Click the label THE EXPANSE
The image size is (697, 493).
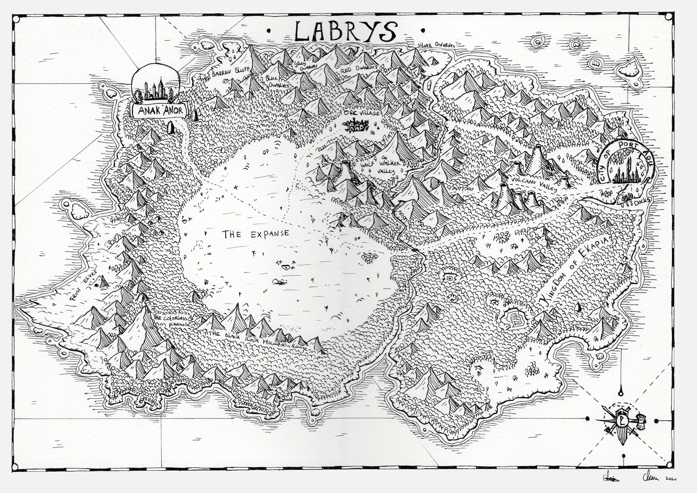click(256, 234)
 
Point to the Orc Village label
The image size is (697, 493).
click(362, 113)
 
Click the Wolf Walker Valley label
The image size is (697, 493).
click(381, 167)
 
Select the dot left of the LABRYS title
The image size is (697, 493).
click(269, 31)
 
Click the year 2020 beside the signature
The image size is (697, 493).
click(672, 479)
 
